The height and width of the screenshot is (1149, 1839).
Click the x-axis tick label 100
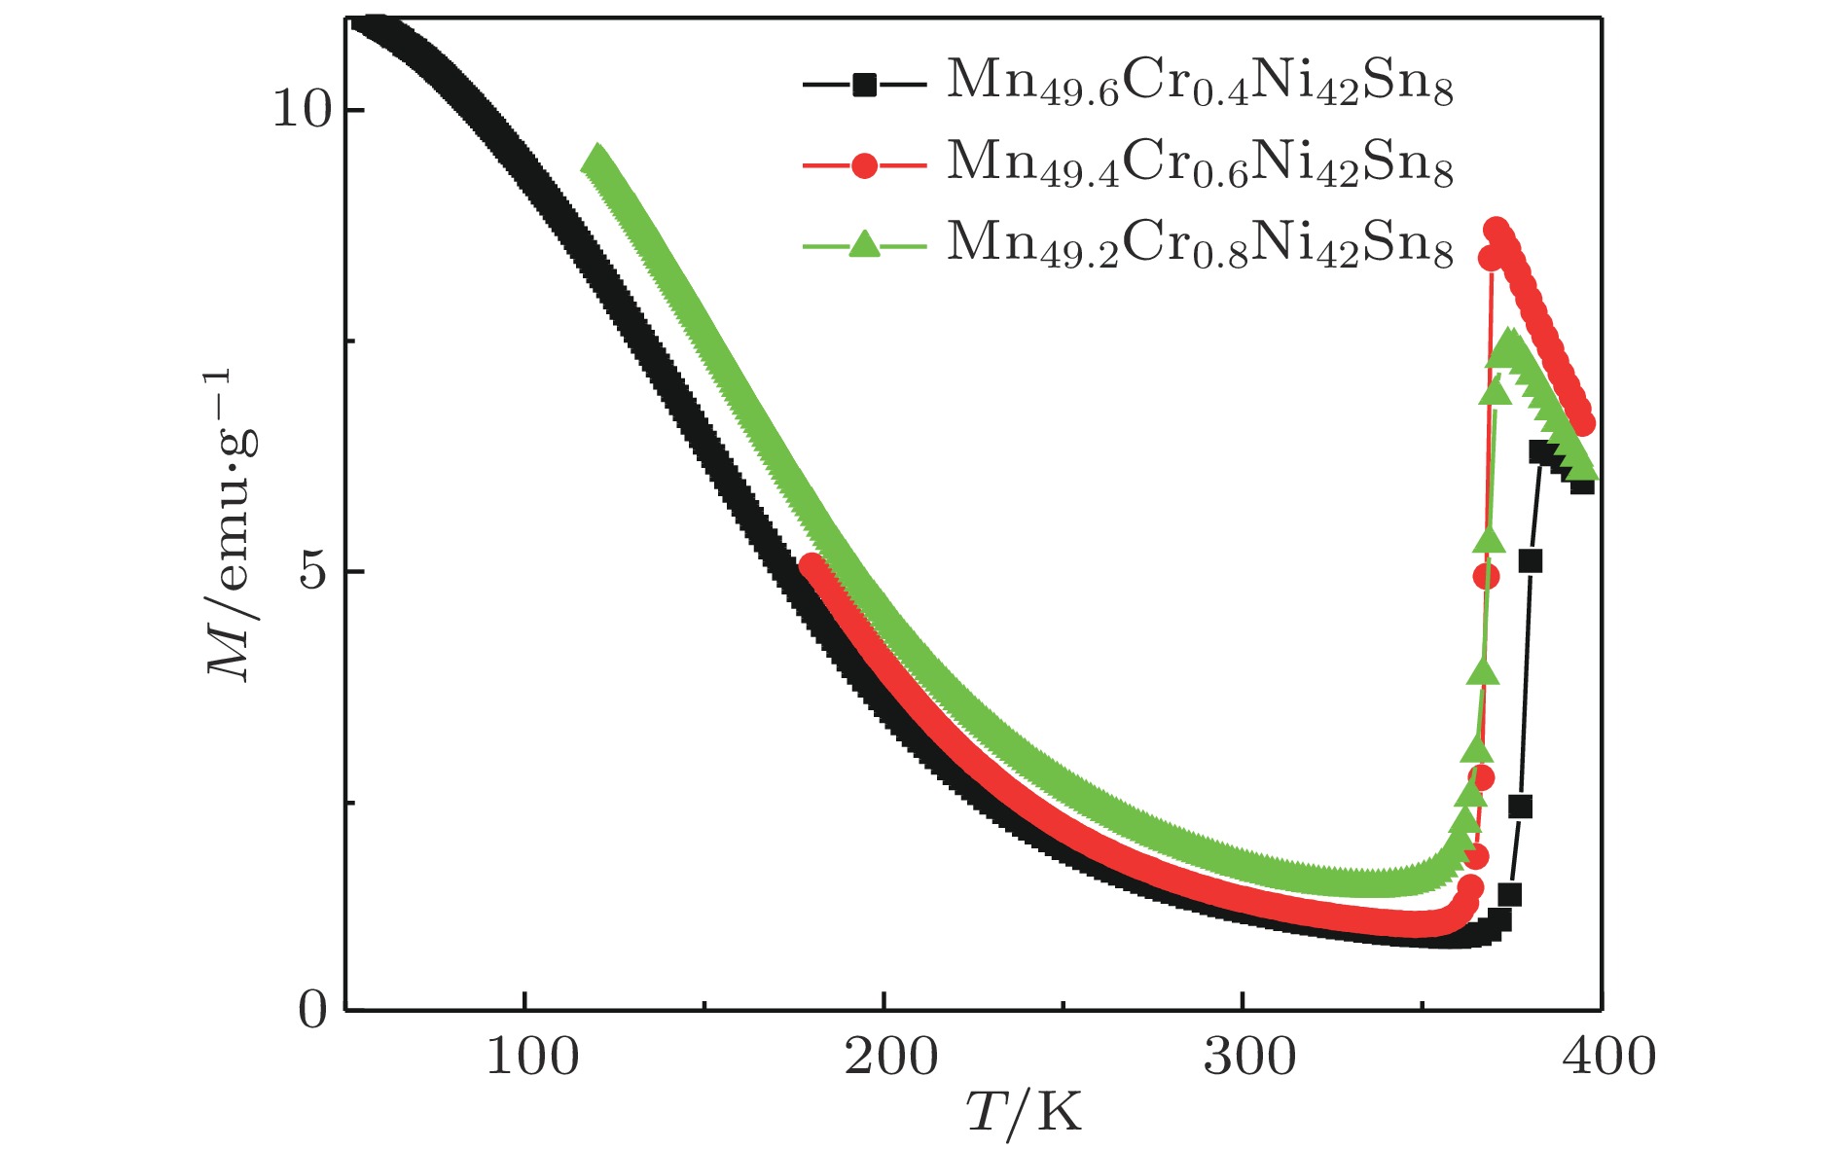pos(531,1058)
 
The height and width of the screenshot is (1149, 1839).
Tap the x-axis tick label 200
pos(890,1058)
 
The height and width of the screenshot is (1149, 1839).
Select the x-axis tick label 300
pos(1249,1058)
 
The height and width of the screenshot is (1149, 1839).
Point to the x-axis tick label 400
pos(1608,1058)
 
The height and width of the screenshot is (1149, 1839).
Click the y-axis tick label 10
pos(303,110)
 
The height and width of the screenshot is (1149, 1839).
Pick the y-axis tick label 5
pos(313,571)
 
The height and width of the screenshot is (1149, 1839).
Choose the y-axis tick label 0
pos(313,1011)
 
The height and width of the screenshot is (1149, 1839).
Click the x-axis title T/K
pos(1024,1112)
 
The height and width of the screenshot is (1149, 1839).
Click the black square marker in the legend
pos(864,86)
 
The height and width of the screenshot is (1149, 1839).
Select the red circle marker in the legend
pos(864,166)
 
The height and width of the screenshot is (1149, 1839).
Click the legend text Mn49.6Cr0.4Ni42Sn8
pos(1200,83)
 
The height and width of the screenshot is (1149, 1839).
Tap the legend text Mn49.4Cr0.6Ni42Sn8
pos(1200,163)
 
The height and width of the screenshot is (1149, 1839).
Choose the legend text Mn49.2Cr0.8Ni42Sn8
pos(1200,243)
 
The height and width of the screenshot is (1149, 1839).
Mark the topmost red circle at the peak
pos(1497,230)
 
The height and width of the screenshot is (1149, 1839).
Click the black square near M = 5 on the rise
pos(1530,561)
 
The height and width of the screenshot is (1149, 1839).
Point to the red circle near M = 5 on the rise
pos(1486,577)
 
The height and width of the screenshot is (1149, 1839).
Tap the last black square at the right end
pos(1582,483)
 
